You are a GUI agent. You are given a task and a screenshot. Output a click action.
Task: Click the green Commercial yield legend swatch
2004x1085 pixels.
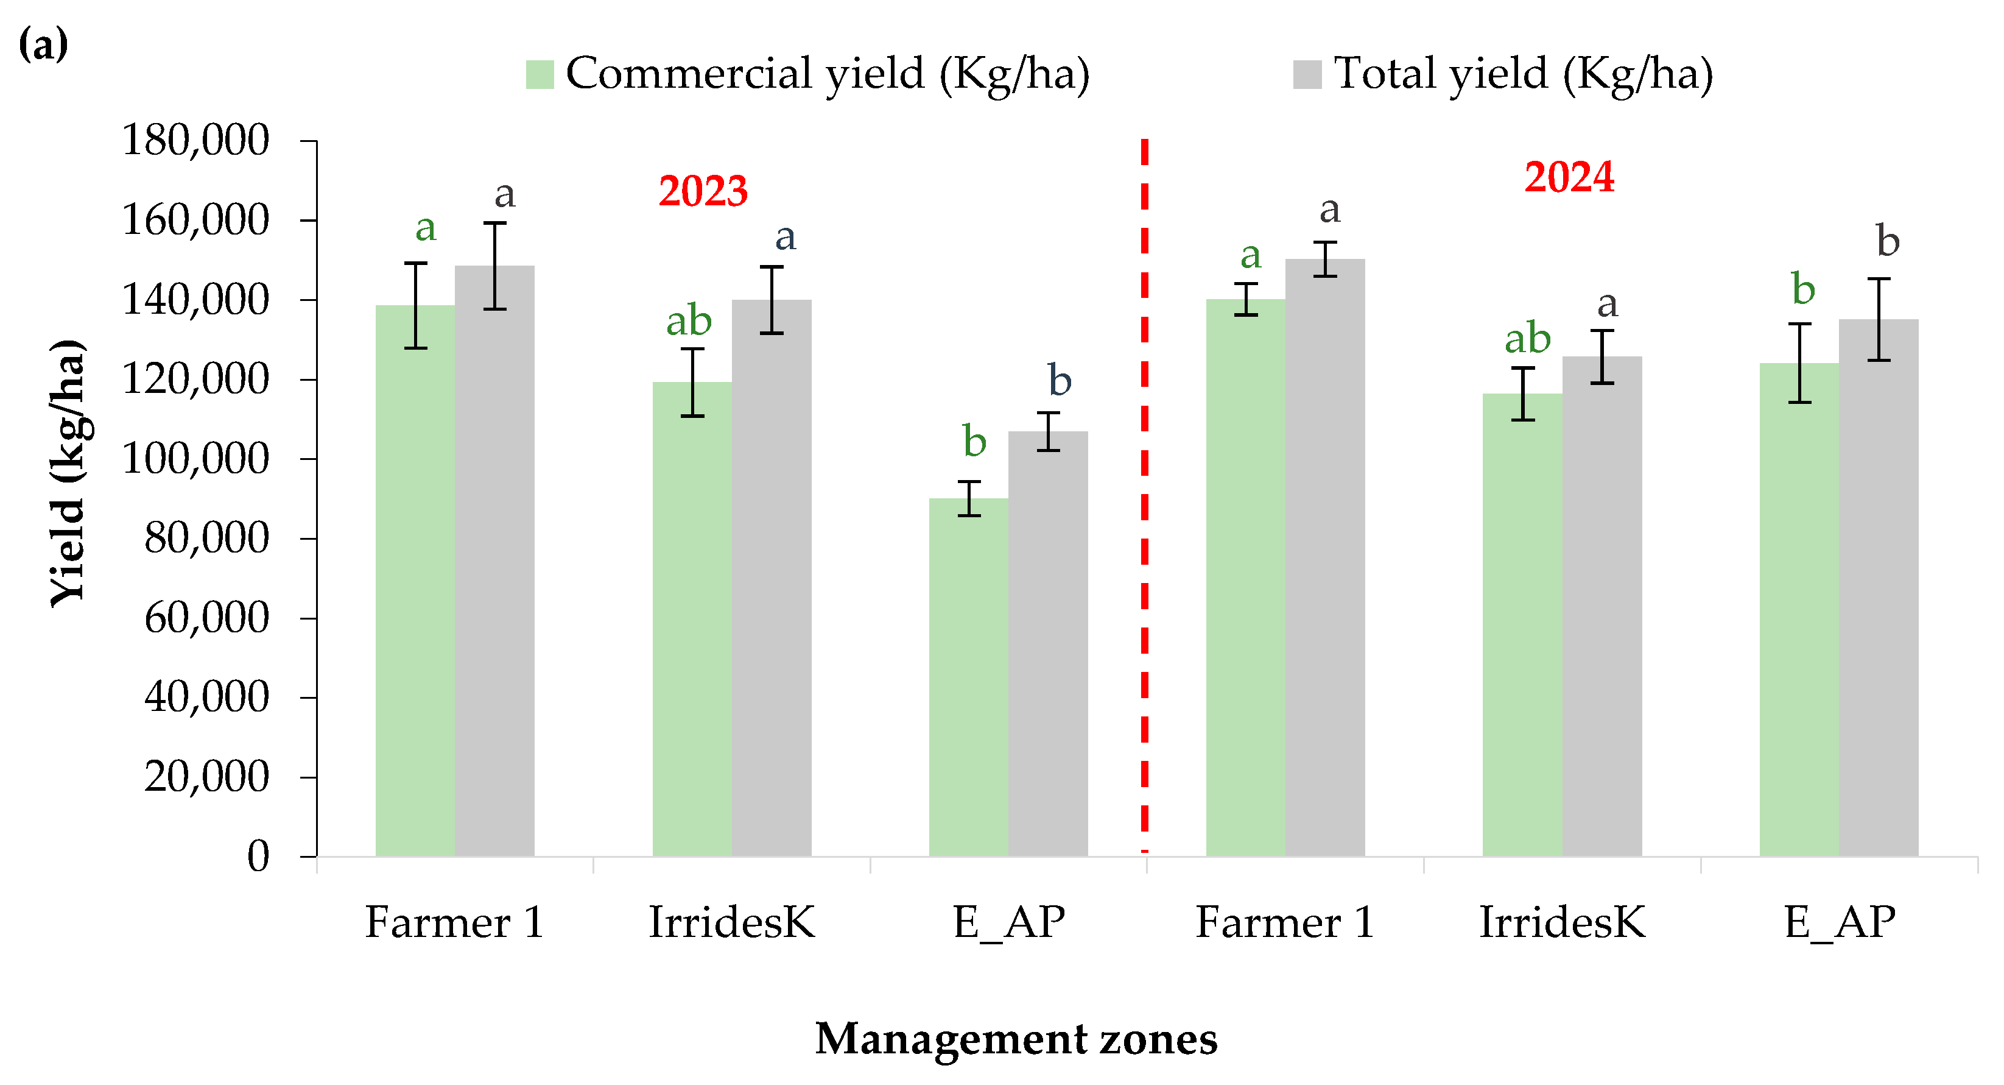tap(539, 75)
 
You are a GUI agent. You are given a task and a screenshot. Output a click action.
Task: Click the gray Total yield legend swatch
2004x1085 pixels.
tap(1307, 75)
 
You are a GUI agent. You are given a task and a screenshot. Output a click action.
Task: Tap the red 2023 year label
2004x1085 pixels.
tap(703, 191)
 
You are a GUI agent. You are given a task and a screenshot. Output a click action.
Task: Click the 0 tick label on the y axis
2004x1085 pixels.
tap(258, 855)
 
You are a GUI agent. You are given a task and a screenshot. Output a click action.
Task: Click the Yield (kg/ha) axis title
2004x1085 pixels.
tap(68, 473)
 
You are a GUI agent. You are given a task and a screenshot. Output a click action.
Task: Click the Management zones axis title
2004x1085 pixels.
tap(1015, 1039)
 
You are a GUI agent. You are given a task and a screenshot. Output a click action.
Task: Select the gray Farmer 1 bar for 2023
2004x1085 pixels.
tap(495, 560)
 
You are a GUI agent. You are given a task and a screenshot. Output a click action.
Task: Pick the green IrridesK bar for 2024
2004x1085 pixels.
tap(1522, 623)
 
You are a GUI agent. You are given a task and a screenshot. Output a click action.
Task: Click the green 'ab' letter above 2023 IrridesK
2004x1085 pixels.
tap(689, 320)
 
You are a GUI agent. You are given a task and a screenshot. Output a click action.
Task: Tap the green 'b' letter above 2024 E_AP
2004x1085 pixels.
tap(1802, 289)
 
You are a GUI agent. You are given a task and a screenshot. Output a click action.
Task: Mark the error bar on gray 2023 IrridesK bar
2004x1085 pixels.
tap(771, 300)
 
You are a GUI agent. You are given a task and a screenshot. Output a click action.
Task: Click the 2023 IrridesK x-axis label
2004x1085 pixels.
tap(731, 922)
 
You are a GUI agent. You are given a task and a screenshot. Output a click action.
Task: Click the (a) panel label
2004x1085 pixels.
tap(43, 44)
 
